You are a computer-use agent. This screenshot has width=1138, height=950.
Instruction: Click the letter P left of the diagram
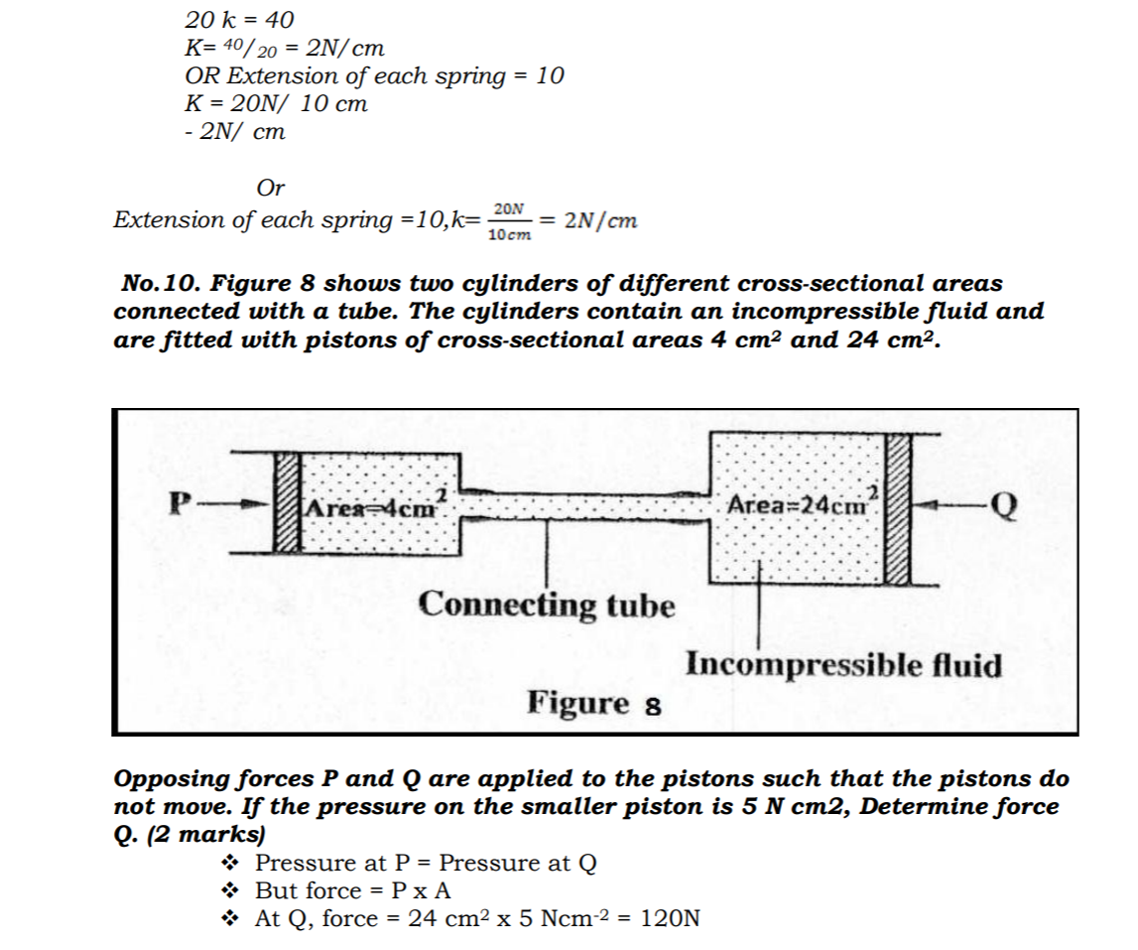[x=180, y=502]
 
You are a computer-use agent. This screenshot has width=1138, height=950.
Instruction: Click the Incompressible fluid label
[x=843, y=664]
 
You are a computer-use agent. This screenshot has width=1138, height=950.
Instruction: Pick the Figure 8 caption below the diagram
[x=594, y=703]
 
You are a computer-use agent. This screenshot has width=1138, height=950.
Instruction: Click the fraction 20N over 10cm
[x=509, y=220]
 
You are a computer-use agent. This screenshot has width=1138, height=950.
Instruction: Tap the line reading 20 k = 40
[x=239, y=19]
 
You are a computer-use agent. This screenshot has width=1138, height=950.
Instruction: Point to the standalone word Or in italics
[x=270, y=188]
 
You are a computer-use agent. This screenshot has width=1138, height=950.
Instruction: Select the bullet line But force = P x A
[x=352, y=890]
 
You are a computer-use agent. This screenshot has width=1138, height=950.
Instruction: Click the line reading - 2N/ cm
[x=235, y=131]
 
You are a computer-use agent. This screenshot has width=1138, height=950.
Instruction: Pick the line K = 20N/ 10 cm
[x=276, y=103]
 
